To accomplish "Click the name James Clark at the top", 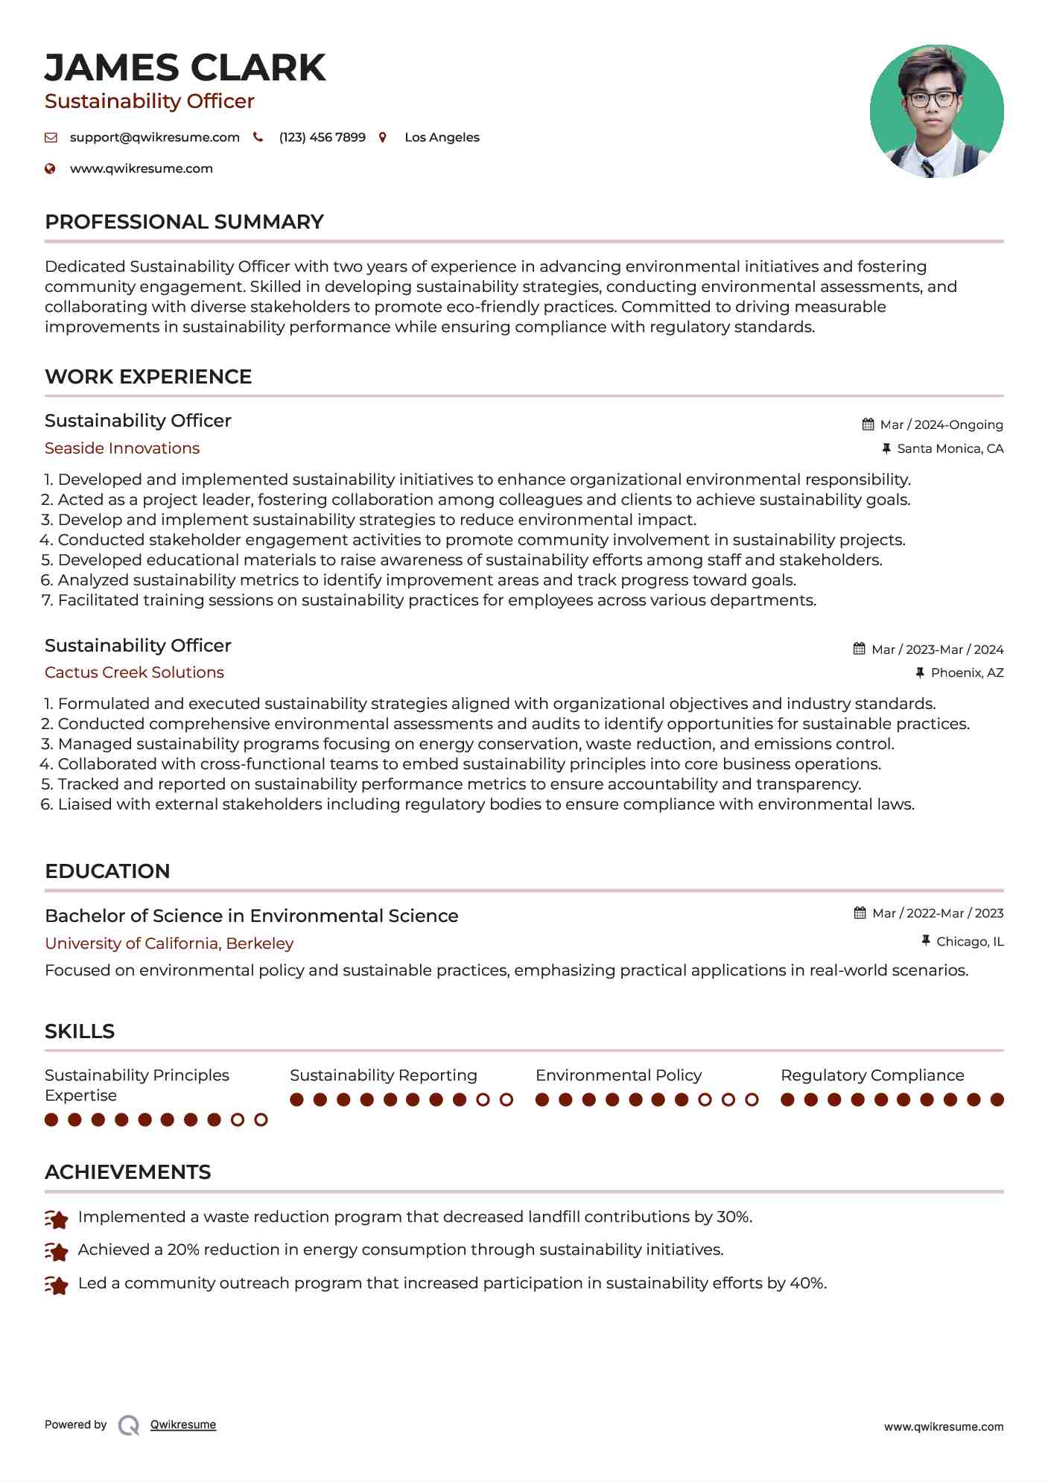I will [x=185, y=68].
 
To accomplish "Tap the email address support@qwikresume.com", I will [x=154, y=137].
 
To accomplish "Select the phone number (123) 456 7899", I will [x=322, y=137].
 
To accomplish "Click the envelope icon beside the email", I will [x=51, y=137].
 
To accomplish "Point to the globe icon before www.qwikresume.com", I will [x=50, y=168].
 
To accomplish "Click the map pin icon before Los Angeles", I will [x=383, y=137].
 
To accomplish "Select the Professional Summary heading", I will [x=184, y=222].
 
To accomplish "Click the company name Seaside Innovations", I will [x=122, y=448].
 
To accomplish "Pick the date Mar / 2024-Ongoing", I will [x=941, y=424].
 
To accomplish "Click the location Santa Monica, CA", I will [x=950, y=448].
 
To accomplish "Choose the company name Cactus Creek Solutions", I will [x=134, y=672].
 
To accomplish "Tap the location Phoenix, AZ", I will [x=967, y=672].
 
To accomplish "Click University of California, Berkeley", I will [x=169, y=944].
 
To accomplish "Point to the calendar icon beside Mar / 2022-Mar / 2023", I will [x=860, y=913].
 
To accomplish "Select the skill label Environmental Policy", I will [x=618, y=1075].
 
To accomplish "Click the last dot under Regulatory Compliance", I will [x=997, y=1100].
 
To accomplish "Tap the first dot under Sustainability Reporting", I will [x=296, y=1100].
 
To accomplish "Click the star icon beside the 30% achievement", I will [x=57, y=1219].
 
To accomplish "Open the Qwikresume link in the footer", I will [x=183, y=1425].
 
